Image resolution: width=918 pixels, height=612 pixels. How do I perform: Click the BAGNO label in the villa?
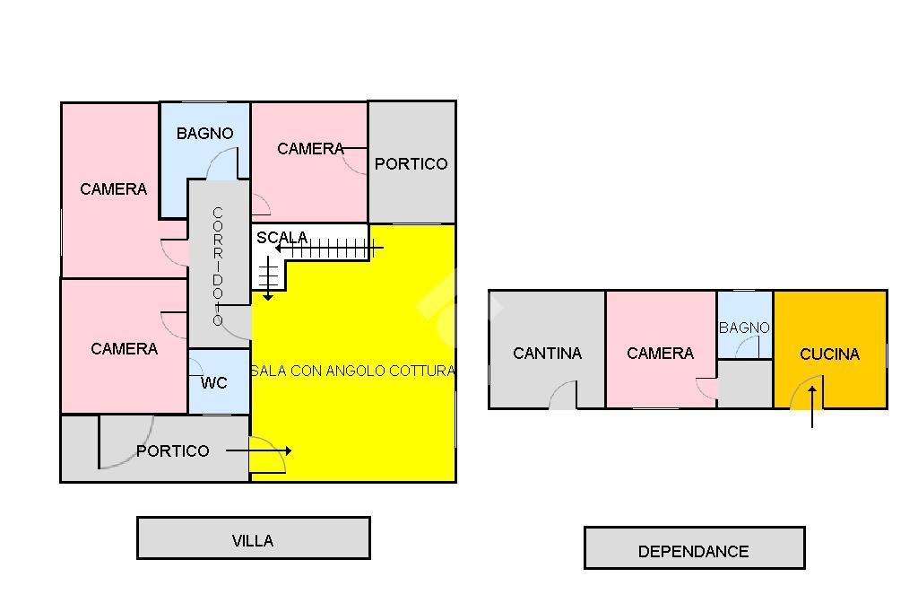point(205,134)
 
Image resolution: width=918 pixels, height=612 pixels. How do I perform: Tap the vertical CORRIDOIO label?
point(218,267)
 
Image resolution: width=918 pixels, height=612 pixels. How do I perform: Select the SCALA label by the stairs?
point(281,238)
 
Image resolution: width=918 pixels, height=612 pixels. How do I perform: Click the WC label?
point(213,383)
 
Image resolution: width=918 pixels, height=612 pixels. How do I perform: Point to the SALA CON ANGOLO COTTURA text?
point(353,371)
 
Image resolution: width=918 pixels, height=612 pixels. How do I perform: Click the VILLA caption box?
point(254,538)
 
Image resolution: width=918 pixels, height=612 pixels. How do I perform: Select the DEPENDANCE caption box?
point(695,548)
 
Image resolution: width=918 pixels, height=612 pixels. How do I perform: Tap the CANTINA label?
point(548,354)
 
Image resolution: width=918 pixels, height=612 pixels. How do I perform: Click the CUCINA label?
point(829,354)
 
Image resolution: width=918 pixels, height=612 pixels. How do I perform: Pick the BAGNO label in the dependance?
point(744,328)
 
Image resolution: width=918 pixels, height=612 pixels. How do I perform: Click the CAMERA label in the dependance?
point(661,354)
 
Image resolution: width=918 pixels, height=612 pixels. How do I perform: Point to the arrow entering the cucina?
point(812,407)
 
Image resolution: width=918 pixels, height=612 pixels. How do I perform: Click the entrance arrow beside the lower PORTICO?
point(259,450)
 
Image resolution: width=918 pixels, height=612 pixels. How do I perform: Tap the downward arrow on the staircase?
point(268,278)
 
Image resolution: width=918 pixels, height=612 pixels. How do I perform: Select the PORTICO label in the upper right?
point(411,164)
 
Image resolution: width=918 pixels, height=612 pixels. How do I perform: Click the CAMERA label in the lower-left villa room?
point(124,349)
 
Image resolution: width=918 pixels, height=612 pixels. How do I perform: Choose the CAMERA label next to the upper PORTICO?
point(310,149)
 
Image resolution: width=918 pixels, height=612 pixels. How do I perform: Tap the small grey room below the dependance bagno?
point(745,384)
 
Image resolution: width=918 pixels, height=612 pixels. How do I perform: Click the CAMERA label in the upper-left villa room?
point(114,189)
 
